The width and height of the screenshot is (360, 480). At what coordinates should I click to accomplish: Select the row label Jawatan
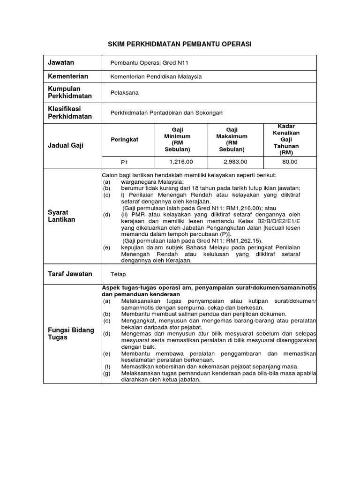click(61, 62)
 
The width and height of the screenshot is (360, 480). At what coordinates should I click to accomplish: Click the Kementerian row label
click(68, 76)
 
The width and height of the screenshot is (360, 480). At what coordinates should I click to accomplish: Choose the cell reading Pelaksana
click(124, 93)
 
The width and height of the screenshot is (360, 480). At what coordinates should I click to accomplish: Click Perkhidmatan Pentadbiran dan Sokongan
click(166, 113)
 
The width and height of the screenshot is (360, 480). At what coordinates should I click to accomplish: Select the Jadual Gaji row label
click(66, 145)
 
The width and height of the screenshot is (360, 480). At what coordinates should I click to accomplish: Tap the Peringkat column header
click(124, 140)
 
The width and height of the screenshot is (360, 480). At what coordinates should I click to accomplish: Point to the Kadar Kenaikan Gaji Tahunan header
click(289, 140)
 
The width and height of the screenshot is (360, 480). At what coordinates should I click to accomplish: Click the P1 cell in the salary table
click(124, 162)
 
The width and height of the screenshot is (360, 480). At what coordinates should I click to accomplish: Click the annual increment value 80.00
click(290, 162)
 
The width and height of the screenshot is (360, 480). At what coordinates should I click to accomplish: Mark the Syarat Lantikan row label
click(62, 216)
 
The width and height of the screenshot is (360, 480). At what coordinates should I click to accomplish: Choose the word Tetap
click(118, 274)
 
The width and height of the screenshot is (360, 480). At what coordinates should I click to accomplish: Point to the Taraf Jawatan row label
click(70, 274)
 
